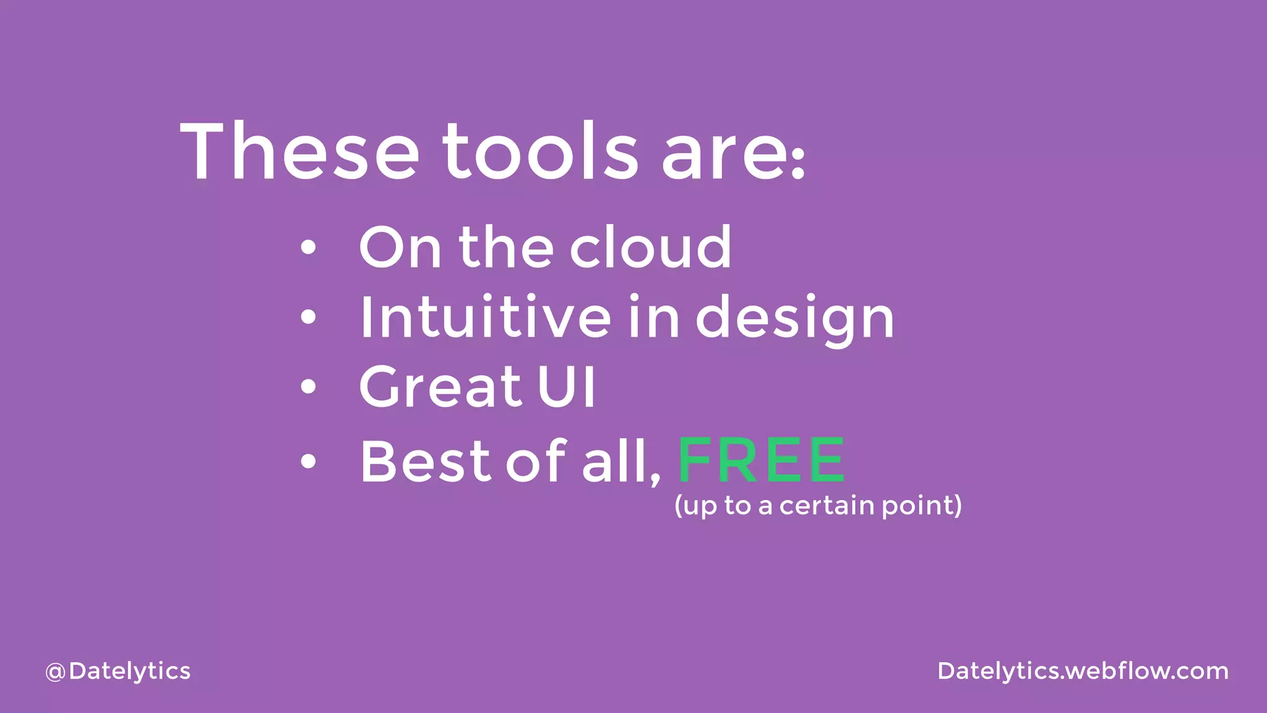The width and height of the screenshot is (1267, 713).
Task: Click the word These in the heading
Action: pyautogui.click(x=299, y=152)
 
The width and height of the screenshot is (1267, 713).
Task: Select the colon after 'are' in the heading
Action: pyautogui.click(x=799, y=163)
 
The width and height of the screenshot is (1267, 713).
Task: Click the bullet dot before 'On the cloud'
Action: pyautogui.click(x=308, y=248)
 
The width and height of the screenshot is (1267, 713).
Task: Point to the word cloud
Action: pyautogui.click(x=650, y=248)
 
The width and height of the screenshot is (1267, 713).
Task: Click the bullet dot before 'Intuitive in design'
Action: pyautogui.click(x=308, y=318)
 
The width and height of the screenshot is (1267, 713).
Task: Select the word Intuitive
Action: pyautogui.click(x=486, y=316)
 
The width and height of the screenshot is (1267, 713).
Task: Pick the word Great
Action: pyautogui.click(x=441, y=386)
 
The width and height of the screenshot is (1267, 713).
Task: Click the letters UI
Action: pyautogui.click(x=566, y=386)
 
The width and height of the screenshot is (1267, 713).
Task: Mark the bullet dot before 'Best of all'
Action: pyautogui.click(x=308, y=461)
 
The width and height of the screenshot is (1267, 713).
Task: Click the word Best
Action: pyautogui.click(x=425, y=461)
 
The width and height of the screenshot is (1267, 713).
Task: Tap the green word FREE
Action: pyautogui.click(x=761, y=460)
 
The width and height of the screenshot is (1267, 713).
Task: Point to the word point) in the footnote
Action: pyautogui.click(x=922, y=506)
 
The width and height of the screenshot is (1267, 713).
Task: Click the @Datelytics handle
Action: pyautogui.click(x=118, y=672)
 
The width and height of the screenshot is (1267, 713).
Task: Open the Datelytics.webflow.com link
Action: pyautogui.click(x=1083, y=671)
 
